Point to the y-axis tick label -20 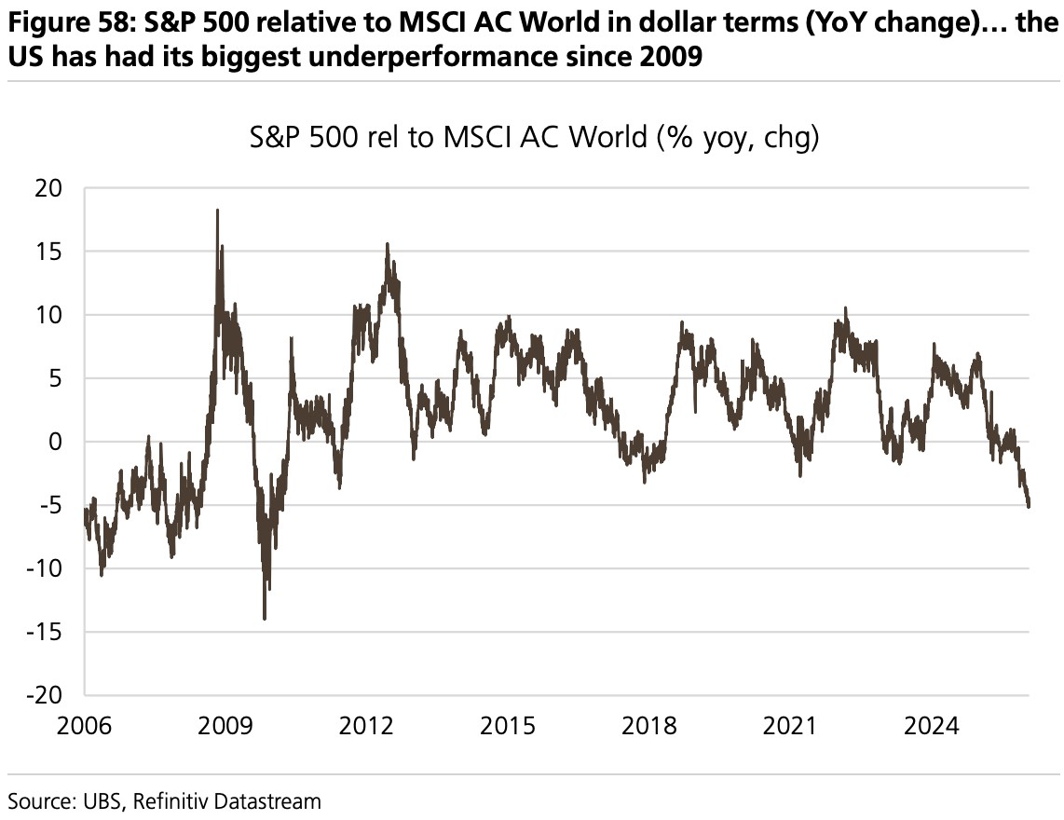(x=46, y=695)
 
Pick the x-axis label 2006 (x=85, y=726)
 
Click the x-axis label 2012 (x=366, y=726)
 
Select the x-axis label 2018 (x=648, y=726)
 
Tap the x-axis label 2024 (x=931, y=726)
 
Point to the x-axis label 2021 (x=789, y=726)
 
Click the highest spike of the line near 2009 (x=217, y=211)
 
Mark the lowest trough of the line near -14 (x=265, y=618)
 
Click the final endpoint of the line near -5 (x=1029, y=506)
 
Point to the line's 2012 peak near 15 (x=388, y=244)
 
